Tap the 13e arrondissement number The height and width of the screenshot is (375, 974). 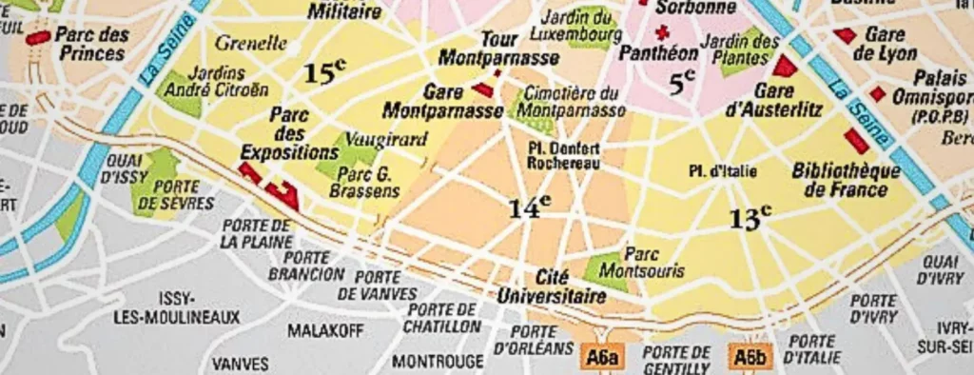[x=750, y=218]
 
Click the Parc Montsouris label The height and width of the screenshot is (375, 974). [x=653, y=263]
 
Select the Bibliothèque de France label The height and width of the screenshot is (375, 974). [x=846, y=180]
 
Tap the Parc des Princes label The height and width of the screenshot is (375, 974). [x=93, y=43]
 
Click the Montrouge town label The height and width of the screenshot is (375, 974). [x=438, y=362]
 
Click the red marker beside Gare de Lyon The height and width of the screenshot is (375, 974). [x=844, y=35]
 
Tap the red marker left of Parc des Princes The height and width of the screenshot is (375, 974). [x=39, y=37]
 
